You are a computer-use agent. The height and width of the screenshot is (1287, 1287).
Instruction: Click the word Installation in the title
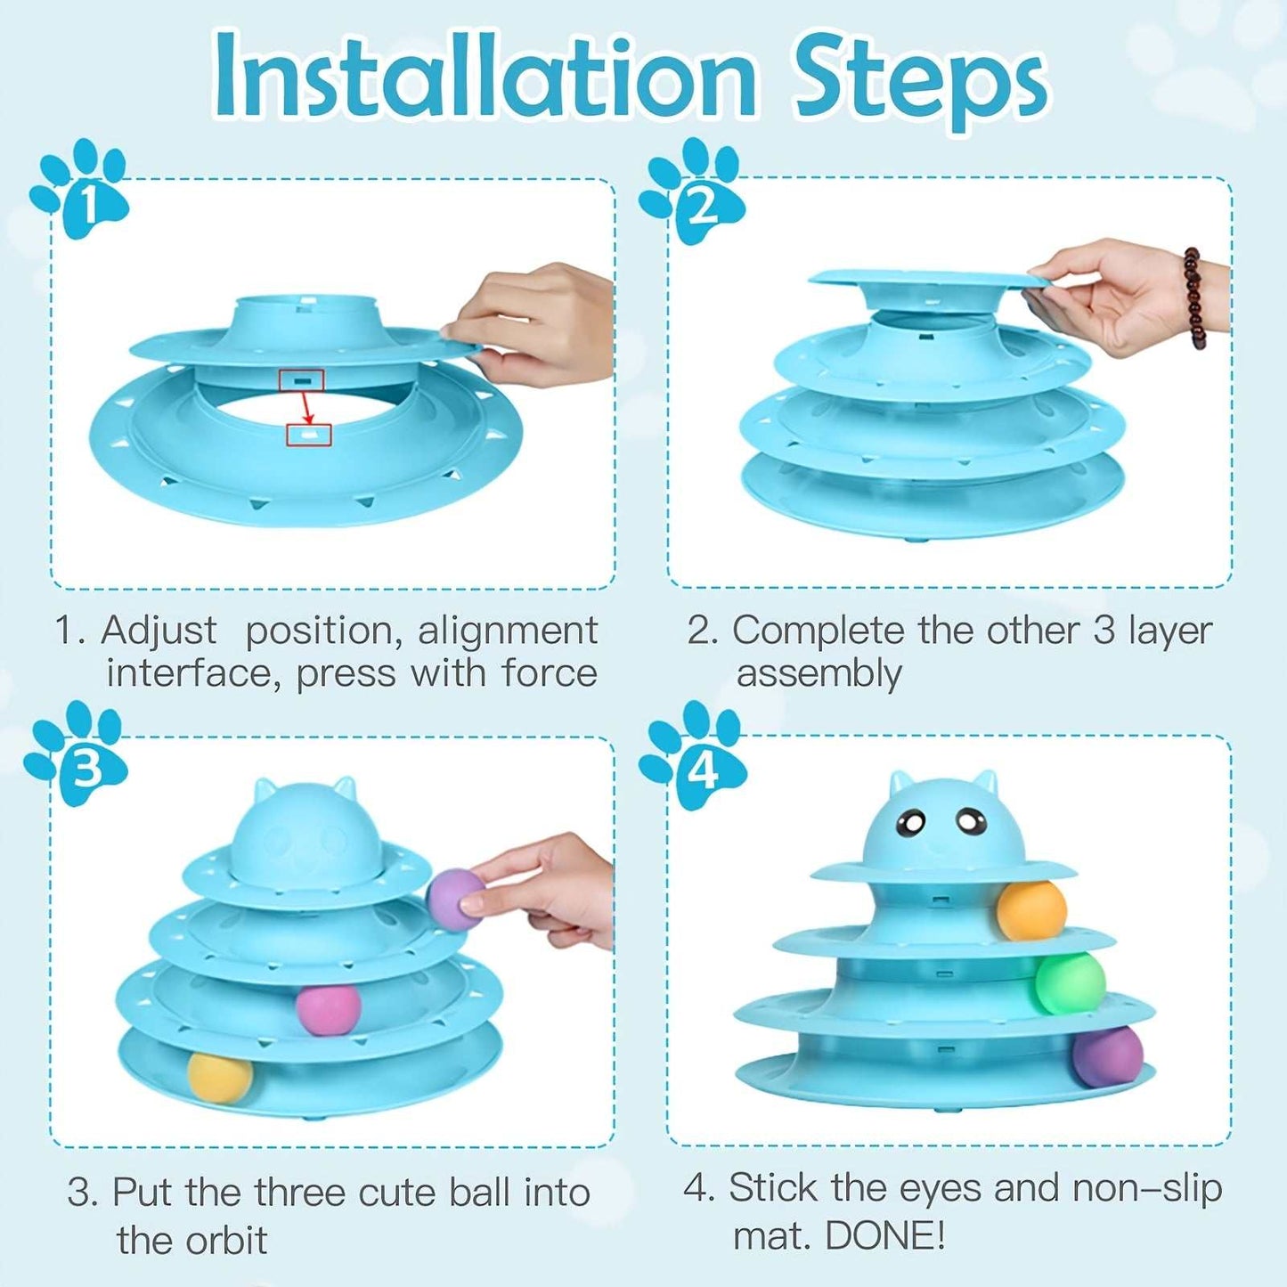[485, 78]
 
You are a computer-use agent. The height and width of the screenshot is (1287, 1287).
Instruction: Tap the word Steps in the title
[921, 82]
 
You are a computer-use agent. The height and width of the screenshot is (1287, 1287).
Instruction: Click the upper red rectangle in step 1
[301, 380]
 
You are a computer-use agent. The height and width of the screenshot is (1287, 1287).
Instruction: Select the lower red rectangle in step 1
[308, 435]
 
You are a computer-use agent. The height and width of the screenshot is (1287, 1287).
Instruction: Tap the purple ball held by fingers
[452, 899]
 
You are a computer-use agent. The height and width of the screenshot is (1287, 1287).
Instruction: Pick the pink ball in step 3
[328, 1009]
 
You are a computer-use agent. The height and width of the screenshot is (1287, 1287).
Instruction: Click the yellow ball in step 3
[220, 1077]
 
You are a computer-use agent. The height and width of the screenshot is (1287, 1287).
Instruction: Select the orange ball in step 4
[1030, 910]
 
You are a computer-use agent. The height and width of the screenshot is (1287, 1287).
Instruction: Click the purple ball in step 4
[1108, 1057]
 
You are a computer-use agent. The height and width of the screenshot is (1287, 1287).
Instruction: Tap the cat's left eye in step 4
[910, 825]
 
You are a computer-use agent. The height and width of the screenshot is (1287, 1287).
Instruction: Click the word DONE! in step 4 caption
[884, 1235]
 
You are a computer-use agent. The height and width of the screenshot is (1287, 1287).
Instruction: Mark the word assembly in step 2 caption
[819, 674]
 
